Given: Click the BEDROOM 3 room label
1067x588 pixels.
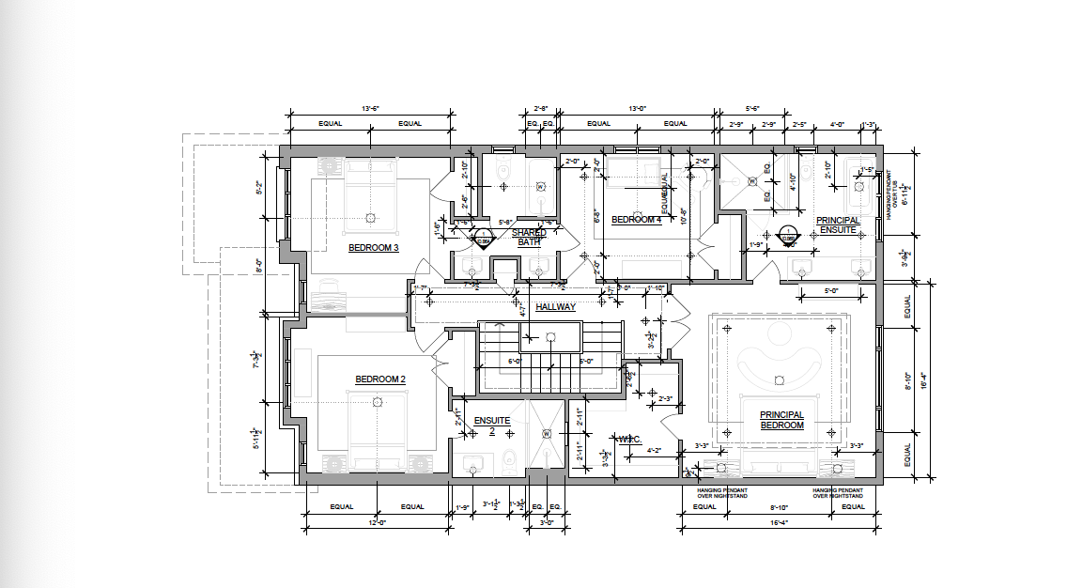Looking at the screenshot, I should [374, 248].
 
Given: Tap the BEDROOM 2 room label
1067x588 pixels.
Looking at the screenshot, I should [379, 379].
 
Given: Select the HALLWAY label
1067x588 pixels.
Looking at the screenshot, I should [555, 307].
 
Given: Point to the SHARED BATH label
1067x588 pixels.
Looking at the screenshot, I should [529, 237].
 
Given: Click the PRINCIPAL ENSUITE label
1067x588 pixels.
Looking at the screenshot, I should [838, 225].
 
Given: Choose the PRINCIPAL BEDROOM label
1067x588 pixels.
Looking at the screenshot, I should [781, 420].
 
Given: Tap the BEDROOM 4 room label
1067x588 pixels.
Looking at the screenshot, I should [637, 221].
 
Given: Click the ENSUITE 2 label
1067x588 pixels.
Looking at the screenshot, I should [492, 426].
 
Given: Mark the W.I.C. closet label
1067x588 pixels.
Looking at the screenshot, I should [628, 438].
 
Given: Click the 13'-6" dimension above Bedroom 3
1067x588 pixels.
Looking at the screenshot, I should [369, 109].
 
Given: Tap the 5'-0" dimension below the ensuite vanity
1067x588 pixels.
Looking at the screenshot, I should [831, 290].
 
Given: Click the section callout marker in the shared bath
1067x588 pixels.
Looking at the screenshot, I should [482, 238].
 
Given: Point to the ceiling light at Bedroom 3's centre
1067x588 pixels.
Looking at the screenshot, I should [370, 217].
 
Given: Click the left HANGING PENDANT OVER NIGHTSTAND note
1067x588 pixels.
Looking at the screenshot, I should [722, 492].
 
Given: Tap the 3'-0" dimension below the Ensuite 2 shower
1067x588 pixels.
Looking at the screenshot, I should [545, 521].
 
